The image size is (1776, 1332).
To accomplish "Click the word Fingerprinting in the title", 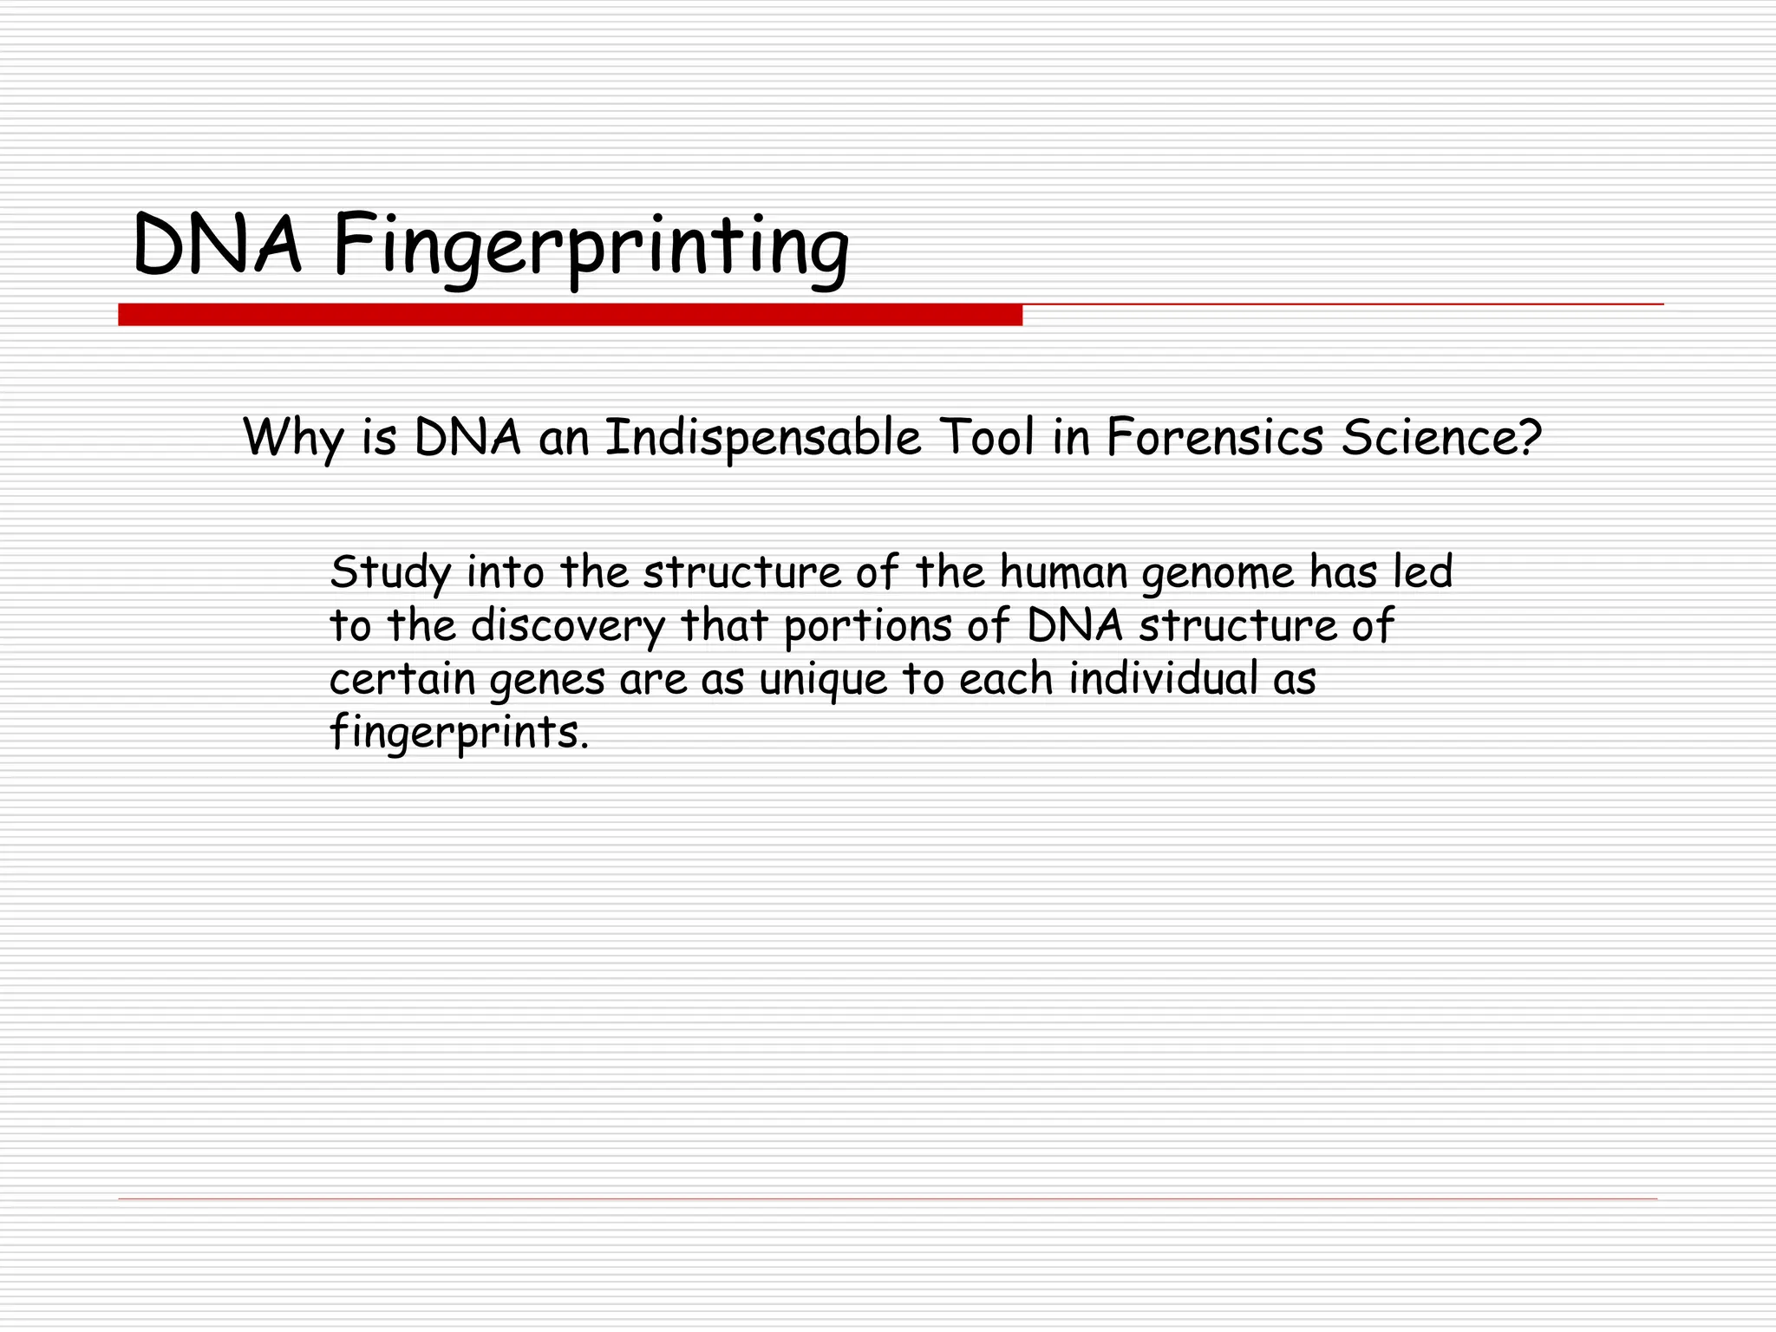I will pos(590,247).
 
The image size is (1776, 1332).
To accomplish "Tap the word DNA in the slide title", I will pos(217,247).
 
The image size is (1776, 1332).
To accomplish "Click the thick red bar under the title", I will pos(570,315).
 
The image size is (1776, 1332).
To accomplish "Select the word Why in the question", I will pos(293,438).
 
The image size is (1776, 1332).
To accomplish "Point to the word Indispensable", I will pos(762,438).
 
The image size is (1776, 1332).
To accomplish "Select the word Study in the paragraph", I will pos(391,573).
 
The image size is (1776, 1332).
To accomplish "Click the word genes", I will pos(547,680).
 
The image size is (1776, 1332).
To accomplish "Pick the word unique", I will pos(823,680).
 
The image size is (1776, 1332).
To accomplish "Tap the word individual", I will pos(1163,678).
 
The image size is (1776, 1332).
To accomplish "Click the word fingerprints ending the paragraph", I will pos(459,733).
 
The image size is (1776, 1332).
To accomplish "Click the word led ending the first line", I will pos(1422,572).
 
